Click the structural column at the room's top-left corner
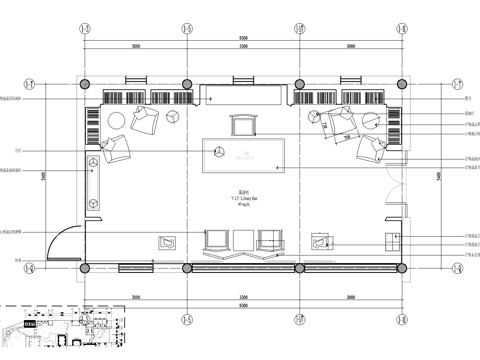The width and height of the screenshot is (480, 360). click(85, 84)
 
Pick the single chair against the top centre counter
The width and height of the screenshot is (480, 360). click(243, 125)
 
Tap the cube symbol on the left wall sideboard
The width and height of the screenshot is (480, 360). click(94, 201)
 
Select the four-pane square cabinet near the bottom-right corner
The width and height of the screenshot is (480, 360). click(389, 240)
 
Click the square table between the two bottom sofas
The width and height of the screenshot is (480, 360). click(244, 239)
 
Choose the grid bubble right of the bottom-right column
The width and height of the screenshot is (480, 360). click(458, 268)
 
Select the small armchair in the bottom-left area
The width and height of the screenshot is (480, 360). click(166, 241)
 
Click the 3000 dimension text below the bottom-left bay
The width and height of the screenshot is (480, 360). click(135, 297)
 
